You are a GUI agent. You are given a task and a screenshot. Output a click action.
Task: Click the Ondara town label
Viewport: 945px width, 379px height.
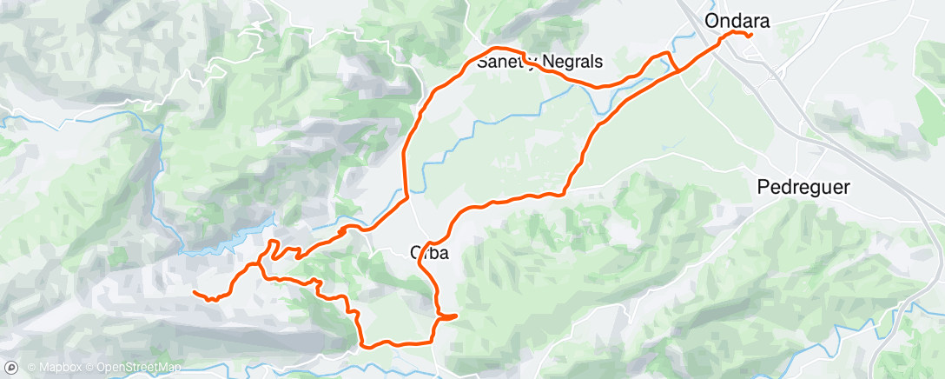coord(737,19)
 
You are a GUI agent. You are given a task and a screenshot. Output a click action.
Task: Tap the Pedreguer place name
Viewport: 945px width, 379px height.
coord(803,186)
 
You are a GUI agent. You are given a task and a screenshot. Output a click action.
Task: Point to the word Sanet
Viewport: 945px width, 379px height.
coord(499,63)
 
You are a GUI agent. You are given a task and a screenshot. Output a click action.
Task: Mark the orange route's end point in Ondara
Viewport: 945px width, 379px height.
coord(750,36)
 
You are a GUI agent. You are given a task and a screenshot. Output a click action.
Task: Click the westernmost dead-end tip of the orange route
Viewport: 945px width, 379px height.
coord(194,293)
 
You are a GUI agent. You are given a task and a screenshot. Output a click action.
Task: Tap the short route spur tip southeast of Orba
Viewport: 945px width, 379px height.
coord(457,316)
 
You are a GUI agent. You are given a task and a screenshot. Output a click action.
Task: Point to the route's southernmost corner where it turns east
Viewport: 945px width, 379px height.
coord(363,344)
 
